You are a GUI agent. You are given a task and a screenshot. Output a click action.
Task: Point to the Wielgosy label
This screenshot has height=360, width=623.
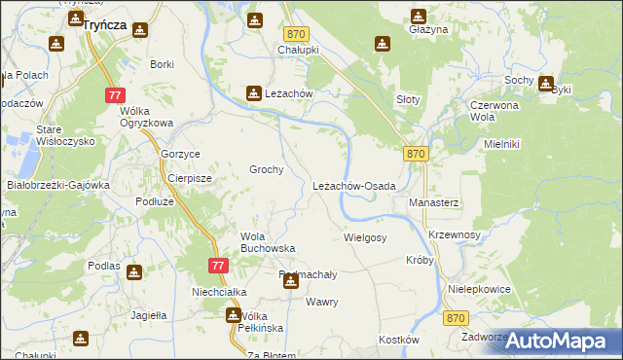click(366, 237)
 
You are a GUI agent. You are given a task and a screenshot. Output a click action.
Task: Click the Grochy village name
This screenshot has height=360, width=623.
click(267, 169)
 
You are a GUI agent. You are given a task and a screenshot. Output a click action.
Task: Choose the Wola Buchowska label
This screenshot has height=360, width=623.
click(268, 242)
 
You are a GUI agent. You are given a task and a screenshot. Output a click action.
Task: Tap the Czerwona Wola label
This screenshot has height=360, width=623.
click(497, 111)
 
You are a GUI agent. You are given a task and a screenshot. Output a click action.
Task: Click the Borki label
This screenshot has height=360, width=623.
click(162, 64)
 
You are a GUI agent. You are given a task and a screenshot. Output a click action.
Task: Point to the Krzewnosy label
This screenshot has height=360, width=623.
click(455, 235)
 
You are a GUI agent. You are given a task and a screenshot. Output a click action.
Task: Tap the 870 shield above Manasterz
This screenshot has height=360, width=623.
click(416, 154)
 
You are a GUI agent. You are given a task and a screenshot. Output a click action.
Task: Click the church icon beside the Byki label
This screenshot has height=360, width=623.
click(545, 84)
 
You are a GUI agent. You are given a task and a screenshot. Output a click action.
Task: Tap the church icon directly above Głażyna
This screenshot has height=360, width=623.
click(419, 16)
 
